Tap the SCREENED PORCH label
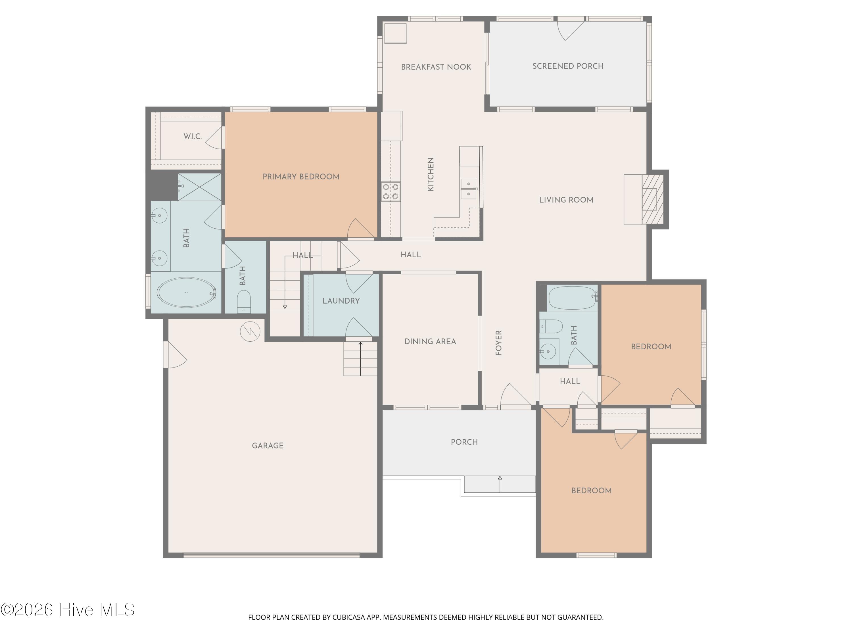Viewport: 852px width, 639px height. click(x=568, y=66)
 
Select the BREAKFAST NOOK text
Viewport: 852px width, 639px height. click(x=436, y=67)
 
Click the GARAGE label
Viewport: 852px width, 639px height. click(x=268, y=446)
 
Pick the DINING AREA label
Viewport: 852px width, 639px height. click(x=430, y=342)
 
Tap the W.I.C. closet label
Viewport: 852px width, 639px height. click(x=193, y=136)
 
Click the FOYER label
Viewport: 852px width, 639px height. click(x=498, y=343)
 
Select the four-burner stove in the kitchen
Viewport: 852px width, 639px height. click(x=390, y=191)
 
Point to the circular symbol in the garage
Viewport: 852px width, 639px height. click(x=250, y=331)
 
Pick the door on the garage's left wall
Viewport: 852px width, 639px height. click(x=175, y=355)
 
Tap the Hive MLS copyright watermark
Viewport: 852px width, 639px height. click(x=68, y=610)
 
